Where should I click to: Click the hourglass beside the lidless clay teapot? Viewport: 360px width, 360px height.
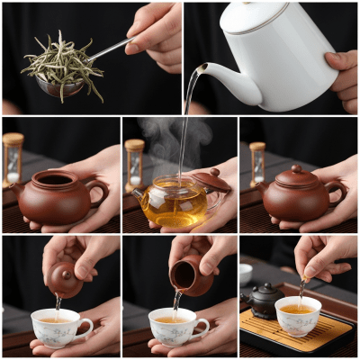pos(13,157)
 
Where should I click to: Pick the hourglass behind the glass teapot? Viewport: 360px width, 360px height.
pos(134,162)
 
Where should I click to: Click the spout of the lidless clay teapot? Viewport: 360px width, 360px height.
pos(17,188)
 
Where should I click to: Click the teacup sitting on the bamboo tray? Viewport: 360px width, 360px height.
pos(298,316)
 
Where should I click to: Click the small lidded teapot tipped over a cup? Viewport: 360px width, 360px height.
pos(67,278)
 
